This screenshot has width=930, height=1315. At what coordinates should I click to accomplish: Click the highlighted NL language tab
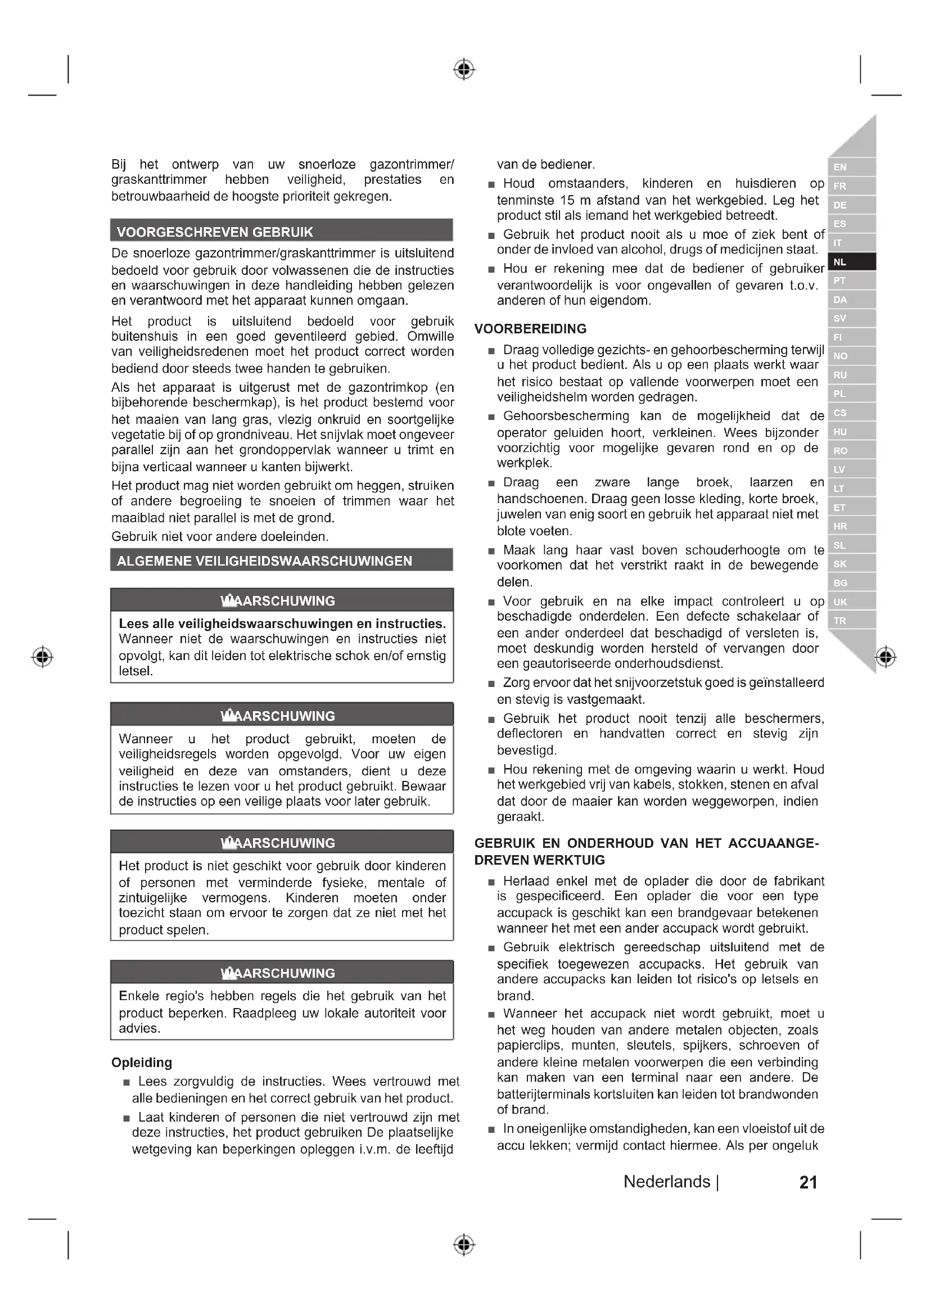point(851,262)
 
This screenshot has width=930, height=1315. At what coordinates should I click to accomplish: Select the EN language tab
point(851,167)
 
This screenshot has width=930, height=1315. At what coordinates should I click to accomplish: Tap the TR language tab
point(851,620)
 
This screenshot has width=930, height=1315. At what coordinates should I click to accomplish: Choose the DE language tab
point(851,205)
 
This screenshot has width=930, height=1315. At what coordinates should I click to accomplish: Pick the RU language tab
point(851,375)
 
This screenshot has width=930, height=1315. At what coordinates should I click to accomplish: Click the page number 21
point(807,1182)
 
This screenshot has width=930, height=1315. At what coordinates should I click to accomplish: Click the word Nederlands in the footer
point(667,1182)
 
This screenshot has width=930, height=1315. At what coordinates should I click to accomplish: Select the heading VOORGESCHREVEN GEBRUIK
point(215,232)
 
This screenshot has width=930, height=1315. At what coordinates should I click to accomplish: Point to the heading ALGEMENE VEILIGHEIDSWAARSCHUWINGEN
point(264,561)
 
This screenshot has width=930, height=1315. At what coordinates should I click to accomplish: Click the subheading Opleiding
point(142,1063)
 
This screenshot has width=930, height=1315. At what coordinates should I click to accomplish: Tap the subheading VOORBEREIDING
point(530,329)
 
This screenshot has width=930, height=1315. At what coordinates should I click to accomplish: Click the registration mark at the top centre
point(464,69)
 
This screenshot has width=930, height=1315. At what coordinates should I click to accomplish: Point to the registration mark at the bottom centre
point(464,1245)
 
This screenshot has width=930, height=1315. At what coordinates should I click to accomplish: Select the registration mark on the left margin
point(42,656)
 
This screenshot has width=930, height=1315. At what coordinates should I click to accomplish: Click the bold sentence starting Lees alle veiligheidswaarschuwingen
point(282,623)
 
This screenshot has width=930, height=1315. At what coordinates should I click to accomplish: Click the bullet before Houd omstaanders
point(491,185)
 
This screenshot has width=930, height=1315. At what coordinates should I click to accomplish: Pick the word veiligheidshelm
point(538,397)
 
